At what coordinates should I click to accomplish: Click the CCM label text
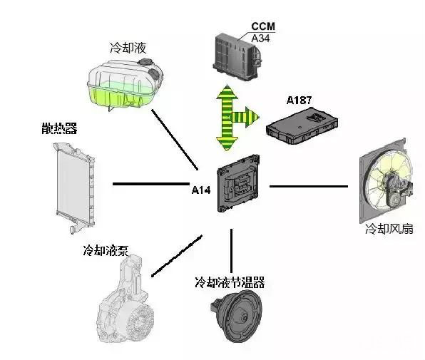(261, 27)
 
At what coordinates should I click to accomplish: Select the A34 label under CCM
(261, 37)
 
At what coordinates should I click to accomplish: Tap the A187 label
(300, 101)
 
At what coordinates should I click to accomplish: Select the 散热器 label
(58, 129)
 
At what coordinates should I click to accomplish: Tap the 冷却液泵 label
(106, 250)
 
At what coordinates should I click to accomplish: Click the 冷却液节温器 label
(230, 282)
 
